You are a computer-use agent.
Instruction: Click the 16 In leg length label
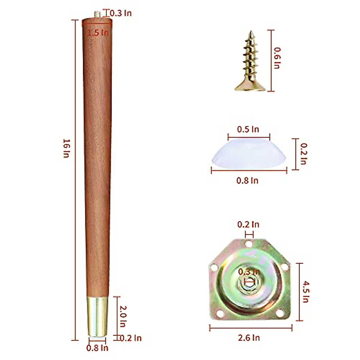tap(66, 148)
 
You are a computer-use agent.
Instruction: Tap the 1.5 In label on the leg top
tap(98, 33)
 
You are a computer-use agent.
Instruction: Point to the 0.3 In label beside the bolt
tap(120, 13)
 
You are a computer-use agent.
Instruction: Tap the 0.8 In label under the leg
tap(97, 348)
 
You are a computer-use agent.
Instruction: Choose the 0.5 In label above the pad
tap(248, 129)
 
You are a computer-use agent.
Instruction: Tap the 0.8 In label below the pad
tap(247, 181)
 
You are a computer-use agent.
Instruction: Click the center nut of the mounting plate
tap(249, 282)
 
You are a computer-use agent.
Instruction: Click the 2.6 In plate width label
tap(249, 338)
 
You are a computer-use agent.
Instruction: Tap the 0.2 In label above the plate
tap(248, 224)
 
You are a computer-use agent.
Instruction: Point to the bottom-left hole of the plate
tap(220, 313)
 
